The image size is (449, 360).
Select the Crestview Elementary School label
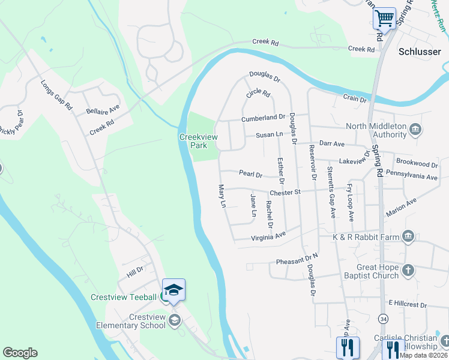tap(130, 321)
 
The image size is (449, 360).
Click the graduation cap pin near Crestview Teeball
tap(173, 290)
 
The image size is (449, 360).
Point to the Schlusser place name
tap(420, 52)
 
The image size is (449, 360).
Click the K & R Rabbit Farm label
tap(366, 238)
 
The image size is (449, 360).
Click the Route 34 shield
tap(382, 317)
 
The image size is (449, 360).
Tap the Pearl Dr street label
tap(250, 174)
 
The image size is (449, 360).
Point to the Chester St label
tap(285, 193)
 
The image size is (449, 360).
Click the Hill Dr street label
tap(134, 272)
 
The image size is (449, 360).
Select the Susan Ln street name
tap(270, 135)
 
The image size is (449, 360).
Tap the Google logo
tap(20, 353)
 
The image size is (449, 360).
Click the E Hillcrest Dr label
tap(408, 305)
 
